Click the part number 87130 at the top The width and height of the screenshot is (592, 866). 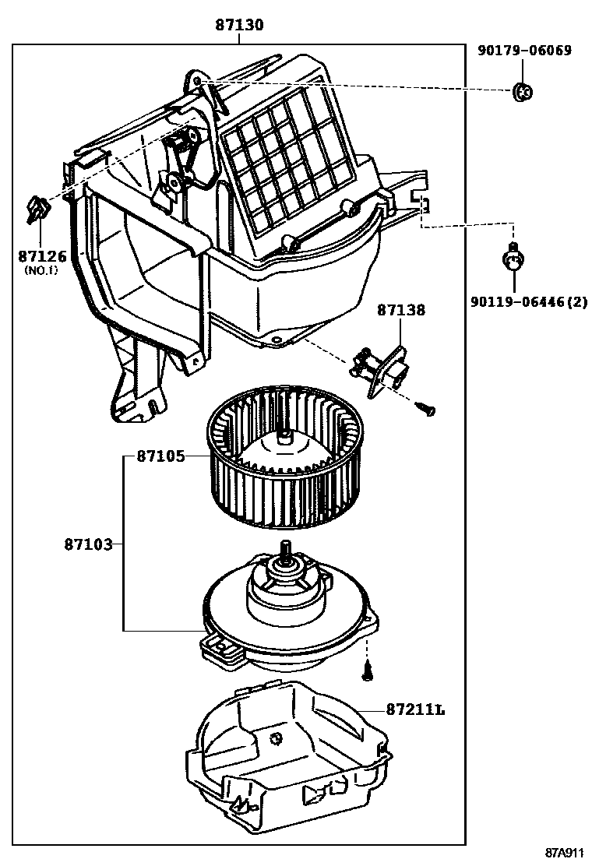240,26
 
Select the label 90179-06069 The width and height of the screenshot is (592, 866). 524,51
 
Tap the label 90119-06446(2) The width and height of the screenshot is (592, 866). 528,301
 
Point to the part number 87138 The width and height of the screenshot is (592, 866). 402,310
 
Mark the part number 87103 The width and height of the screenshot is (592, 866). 88,544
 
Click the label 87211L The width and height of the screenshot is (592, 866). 415,709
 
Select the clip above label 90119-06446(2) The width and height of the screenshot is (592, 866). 513,256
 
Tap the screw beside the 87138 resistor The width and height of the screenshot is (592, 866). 425,408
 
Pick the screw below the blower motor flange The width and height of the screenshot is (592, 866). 368,668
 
